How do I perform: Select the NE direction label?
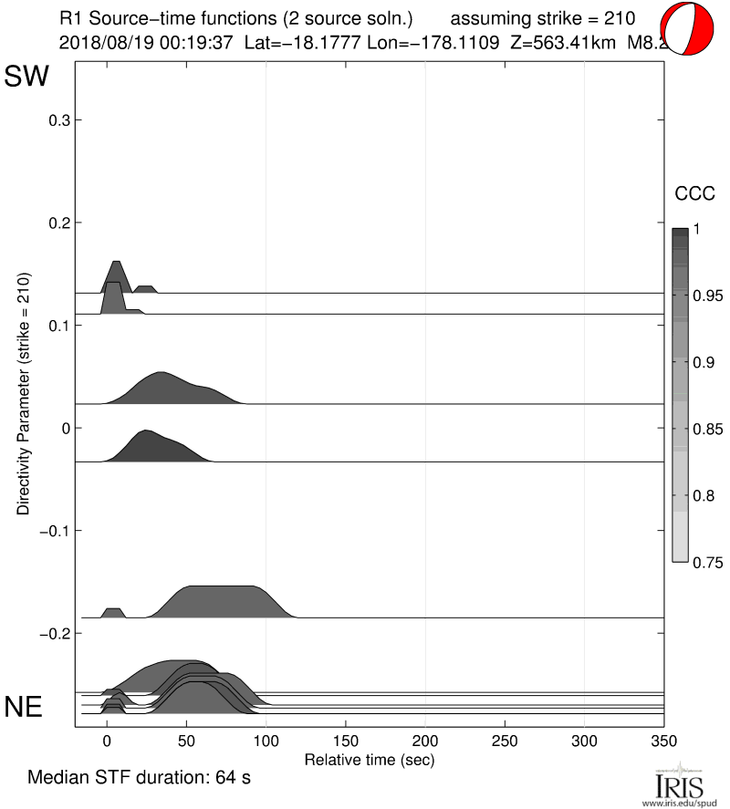25,707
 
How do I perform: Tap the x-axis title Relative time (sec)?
369,759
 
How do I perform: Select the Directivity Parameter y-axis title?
24,393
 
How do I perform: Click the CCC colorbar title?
693,193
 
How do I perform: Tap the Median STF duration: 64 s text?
139,779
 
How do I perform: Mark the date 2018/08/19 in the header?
100,41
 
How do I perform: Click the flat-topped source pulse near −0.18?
219,601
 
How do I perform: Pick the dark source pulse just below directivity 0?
155,446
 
